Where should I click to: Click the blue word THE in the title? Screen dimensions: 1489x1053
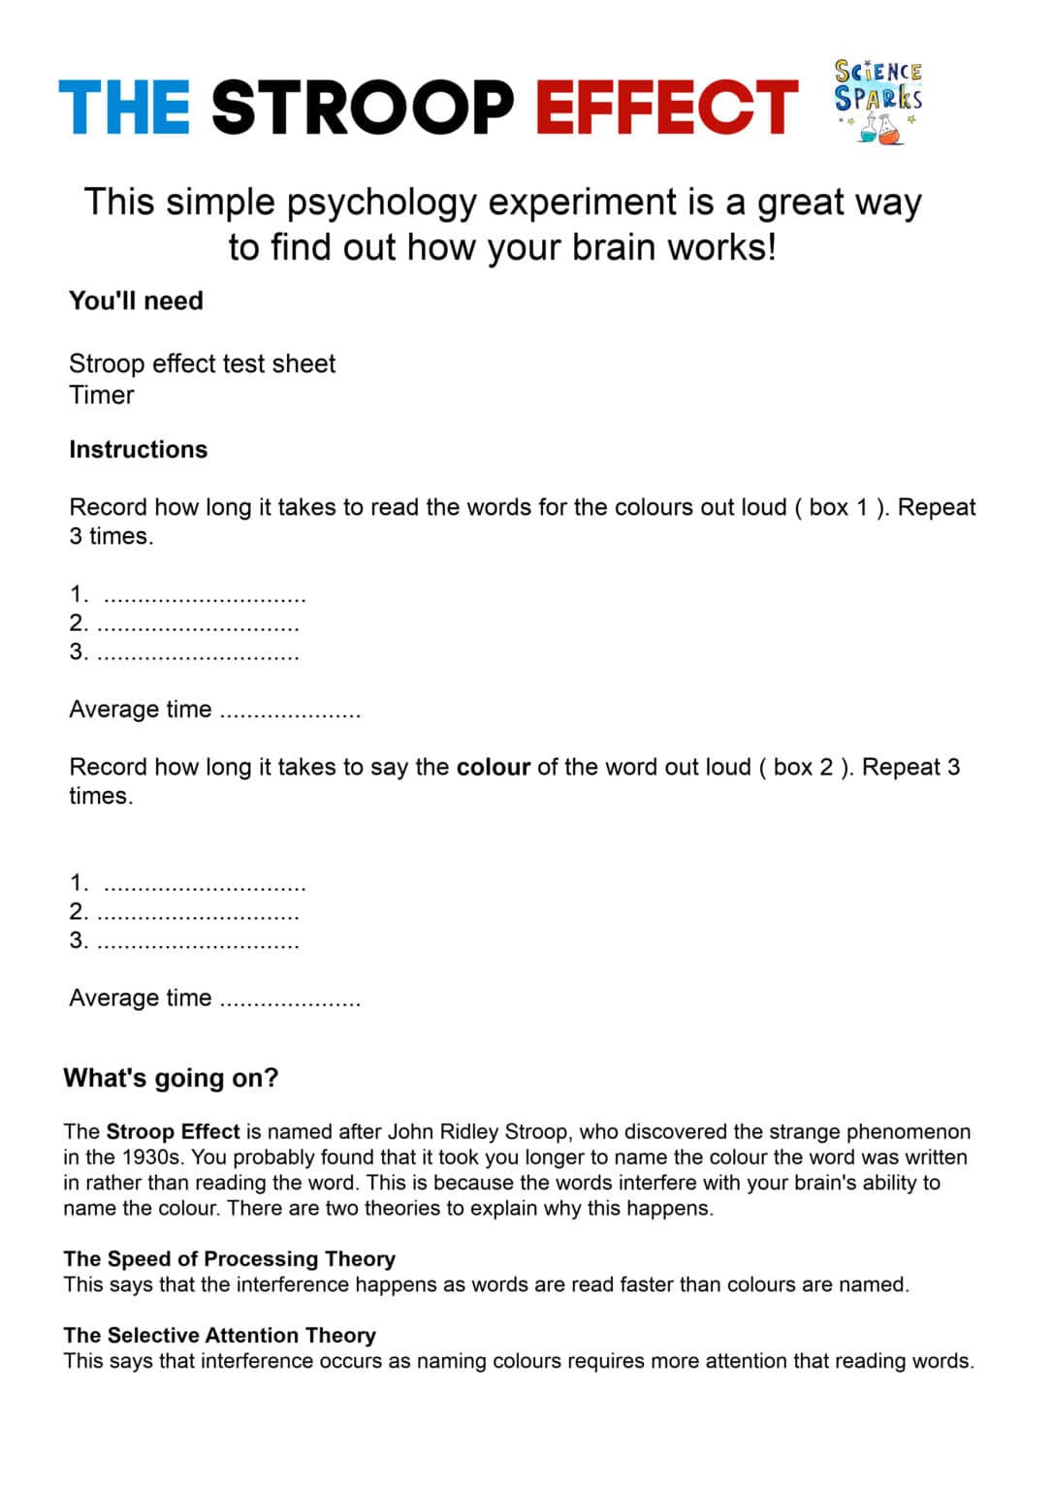click(124, 108)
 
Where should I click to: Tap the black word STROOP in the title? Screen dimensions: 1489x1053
click(362, 108)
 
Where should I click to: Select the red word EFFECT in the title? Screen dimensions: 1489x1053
click(666, 108)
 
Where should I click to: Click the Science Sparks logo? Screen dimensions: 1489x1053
click(877, 101)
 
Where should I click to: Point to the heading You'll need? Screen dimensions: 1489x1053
click(136, 301)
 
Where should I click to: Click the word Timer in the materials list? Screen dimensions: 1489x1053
click(102, 396)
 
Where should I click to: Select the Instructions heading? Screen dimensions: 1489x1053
click(138, 450)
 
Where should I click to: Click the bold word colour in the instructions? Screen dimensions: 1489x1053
click(493, 767)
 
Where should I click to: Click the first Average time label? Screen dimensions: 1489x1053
click(140, 710)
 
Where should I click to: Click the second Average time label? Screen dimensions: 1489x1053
click(140, 998)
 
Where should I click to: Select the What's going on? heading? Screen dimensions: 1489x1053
click(171, 1078)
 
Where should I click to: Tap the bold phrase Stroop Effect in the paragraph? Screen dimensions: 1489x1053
click(173, 1131)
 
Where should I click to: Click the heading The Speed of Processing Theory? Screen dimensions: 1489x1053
click(229, 1258)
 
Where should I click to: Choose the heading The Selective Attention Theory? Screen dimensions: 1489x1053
click(219, 1335)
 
